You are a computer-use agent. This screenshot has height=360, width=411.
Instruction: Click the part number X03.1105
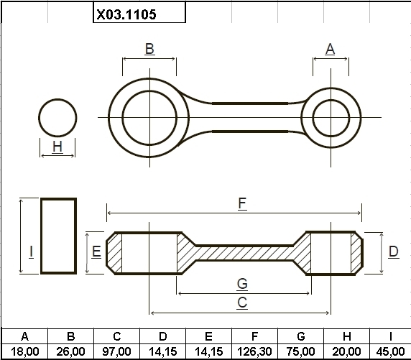point(126,14)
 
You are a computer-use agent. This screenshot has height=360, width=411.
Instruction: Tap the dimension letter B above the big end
point(149,49)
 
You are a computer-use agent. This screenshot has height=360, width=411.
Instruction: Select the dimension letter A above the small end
point(330,49)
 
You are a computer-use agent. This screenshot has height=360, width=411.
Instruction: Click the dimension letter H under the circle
point(57,147)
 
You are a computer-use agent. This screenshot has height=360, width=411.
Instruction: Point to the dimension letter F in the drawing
point(242,203)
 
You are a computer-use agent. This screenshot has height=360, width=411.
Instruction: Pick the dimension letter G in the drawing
point(242,284)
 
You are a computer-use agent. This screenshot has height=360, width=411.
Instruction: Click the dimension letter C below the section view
point(242,303)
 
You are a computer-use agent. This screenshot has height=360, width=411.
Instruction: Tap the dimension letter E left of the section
point(96,251)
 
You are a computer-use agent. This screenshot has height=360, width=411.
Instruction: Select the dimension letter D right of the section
point(394,251)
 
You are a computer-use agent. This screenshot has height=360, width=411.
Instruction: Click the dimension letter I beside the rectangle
point(31,251)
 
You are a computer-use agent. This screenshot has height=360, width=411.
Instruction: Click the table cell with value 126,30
point(254,351)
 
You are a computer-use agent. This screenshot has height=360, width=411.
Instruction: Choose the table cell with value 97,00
point(116,351)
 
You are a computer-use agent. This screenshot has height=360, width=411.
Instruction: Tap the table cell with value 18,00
point(24,351)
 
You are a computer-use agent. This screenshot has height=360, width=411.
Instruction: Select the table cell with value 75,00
point(300,351)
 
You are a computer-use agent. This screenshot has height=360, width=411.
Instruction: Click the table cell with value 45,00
point(390,351)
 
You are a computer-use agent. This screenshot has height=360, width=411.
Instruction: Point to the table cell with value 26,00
point(70,351)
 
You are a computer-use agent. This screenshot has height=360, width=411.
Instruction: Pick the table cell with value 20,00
point(347,351)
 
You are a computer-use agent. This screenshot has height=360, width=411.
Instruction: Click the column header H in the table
point(347,336)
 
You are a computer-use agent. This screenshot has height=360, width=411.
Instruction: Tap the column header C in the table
point(116,336)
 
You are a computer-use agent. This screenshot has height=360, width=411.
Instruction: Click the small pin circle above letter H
point(39,118)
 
